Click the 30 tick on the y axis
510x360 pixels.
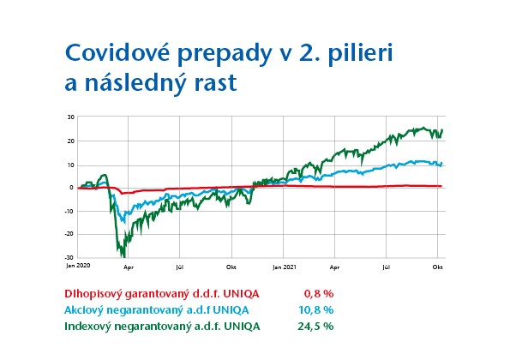click(70, 117)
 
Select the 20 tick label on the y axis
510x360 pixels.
click(70, 141)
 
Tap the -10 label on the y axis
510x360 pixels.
click(69, 211)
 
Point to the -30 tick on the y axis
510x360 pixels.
click(69, 257)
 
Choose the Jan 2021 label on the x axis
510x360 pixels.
click(284, 267)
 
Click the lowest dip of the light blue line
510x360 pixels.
click(123, 221)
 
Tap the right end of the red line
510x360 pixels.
click(441, 186)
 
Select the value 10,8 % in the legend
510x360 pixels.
click(316, 310)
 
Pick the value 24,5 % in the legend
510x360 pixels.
click(316, 327)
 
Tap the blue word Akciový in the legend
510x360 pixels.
click(86, 310)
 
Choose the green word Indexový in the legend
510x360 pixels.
click(89, 327)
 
